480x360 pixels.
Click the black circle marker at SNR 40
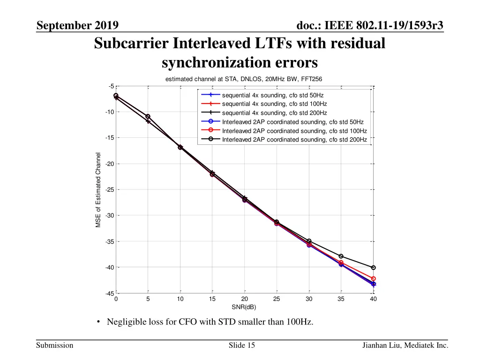374,268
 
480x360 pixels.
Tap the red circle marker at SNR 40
374,278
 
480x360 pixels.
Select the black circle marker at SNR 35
341,256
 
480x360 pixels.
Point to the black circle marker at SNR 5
148,116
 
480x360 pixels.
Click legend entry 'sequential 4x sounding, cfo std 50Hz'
272,95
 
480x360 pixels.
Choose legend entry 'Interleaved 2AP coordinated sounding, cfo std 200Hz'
294,139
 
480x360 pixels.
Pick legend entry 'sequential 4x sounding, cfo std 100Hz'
274,104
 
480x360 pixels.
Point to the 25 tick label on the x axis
277,299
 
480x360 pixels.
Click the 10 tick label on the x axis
180,299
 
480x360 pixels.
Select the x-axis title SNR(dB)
244,307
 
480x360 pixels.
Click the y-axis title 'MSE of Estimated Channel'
98,190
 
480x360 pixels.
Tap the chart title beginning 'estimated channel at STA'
244,80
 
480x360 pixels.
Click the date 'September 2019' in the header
77,25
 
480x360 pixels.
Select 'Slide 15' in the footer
242,345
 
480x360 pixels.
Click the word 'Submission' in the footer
55,345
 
